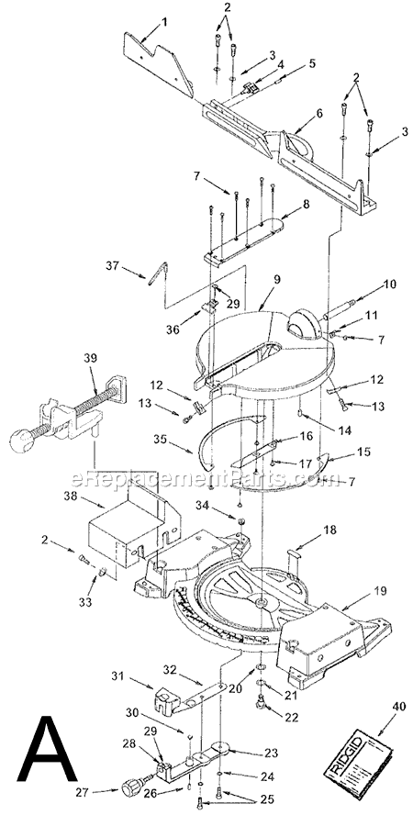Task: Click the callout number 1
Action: [165, 19]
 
